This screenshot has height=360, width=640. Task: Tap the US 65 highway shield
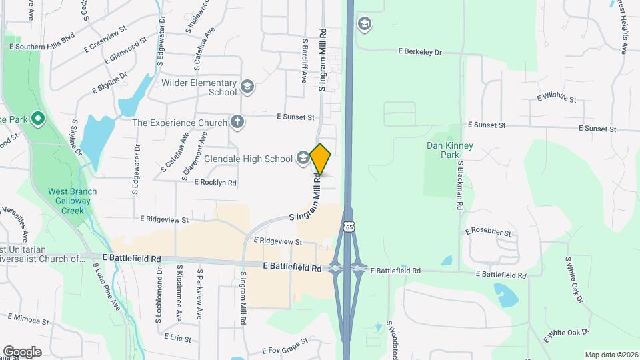tap(349, 227)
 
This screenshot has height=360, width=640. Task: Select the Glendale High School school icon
tap(303, 158)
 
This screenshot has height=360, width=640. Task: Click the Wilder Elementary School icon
tap(247, 87)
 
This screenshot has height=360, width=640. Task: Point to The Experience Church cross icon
tap(236, 122)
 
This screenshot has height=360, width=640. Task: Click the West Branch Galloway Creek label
tap(72, 201)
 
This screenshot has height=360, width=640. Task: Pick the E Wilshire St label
tap(556, 98)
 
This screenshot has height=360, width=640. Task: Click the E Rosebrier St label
tap(488, 232)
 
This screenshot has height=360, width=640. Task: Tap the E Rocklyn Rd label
tap(215, 182)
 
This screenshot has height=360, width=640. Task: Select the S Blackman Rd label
tap(459, 185)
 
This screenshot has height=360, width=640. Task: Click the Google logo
tap(22, 352)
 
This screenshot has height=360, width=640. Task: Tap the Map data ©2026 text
tap(611, 355)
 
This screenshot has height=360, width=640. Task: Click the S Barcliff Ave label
tap(304, 60)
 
